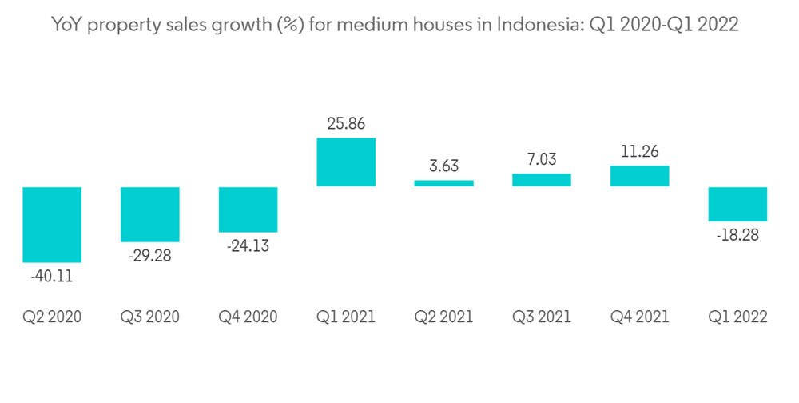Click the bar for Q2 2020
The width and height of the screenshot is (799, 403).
(52, 225)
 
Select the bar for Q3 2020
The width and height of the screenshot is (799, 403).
(150, 214)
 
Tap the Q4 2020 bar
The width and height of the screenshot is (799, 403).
(248, 209)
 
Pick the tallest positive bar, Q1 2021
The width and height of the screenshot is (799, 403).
(346, 162)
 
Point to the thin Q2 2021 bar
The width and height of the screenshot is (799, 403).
(444, 183)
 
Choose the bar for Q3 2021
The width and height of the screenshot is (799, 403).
(542, 180)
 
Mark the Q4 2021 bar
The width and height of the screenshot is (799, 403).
(640, 176)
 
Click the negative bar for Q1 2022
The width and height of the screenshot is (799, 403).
(738, 204)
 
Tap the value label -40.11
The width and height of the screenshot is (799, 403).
(52, 277)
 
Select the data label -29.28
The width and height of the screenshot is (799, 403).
(150, 257)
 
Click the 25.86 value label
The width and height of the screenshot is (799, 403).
(346, 124)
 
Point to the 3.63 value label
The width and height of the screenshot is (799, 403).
(444, 166)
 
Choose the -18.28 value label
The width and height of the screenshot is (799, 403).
(738, 236)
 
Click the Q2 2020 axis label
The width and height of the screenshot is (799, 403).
(52, 317)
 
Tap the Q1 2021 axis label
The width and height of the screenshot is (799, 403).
(346, 317)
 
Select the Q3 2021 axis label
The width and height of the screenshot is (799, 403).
(542, 317)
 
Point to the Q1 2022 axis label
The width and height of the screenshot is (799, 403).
(738, 317)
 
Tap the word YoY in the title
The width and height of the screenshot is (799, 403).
(67, 26)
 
